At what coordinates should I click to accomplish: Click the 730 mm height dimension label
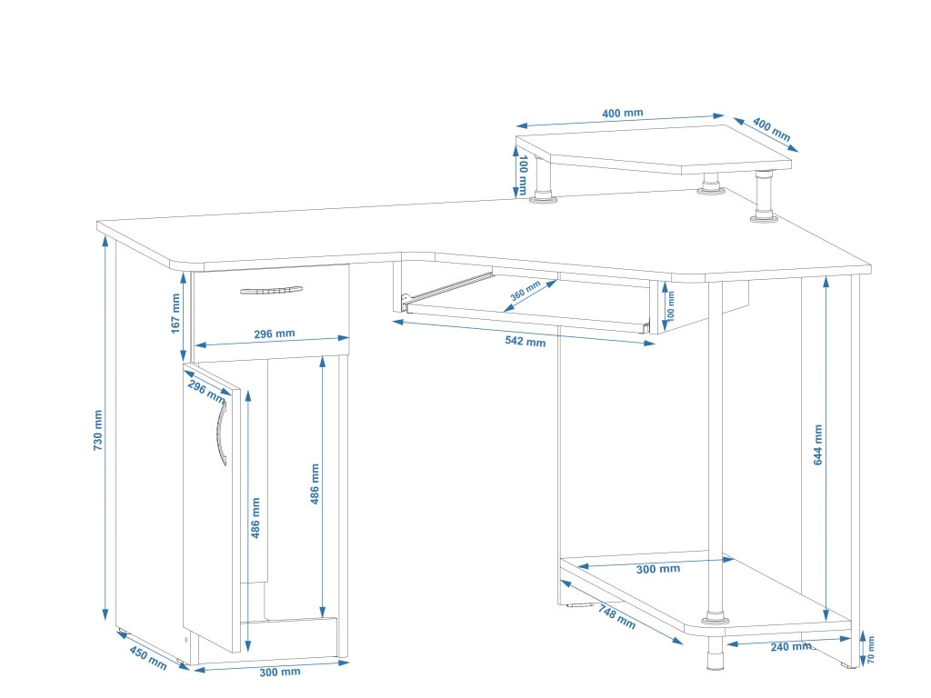98,431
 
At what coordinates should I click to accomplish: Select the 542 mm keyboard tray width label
525,342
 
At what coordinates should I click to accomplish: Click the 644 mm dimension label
817,445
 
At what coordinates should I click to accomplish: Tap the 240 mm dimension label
790,646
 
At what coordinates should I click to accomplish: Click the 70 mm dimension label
870,650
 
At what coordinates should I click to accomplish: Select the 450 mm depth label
147,657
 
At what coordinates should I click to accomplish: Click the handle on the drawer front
271,291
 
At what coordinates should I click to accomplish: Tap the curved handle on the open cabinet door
221,434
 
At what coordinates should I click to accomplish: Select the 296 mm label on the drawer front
273,334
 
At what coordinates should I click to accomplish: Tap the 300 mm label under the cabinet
280,672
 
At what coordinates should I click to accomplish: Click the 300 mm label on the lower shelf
657,569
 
